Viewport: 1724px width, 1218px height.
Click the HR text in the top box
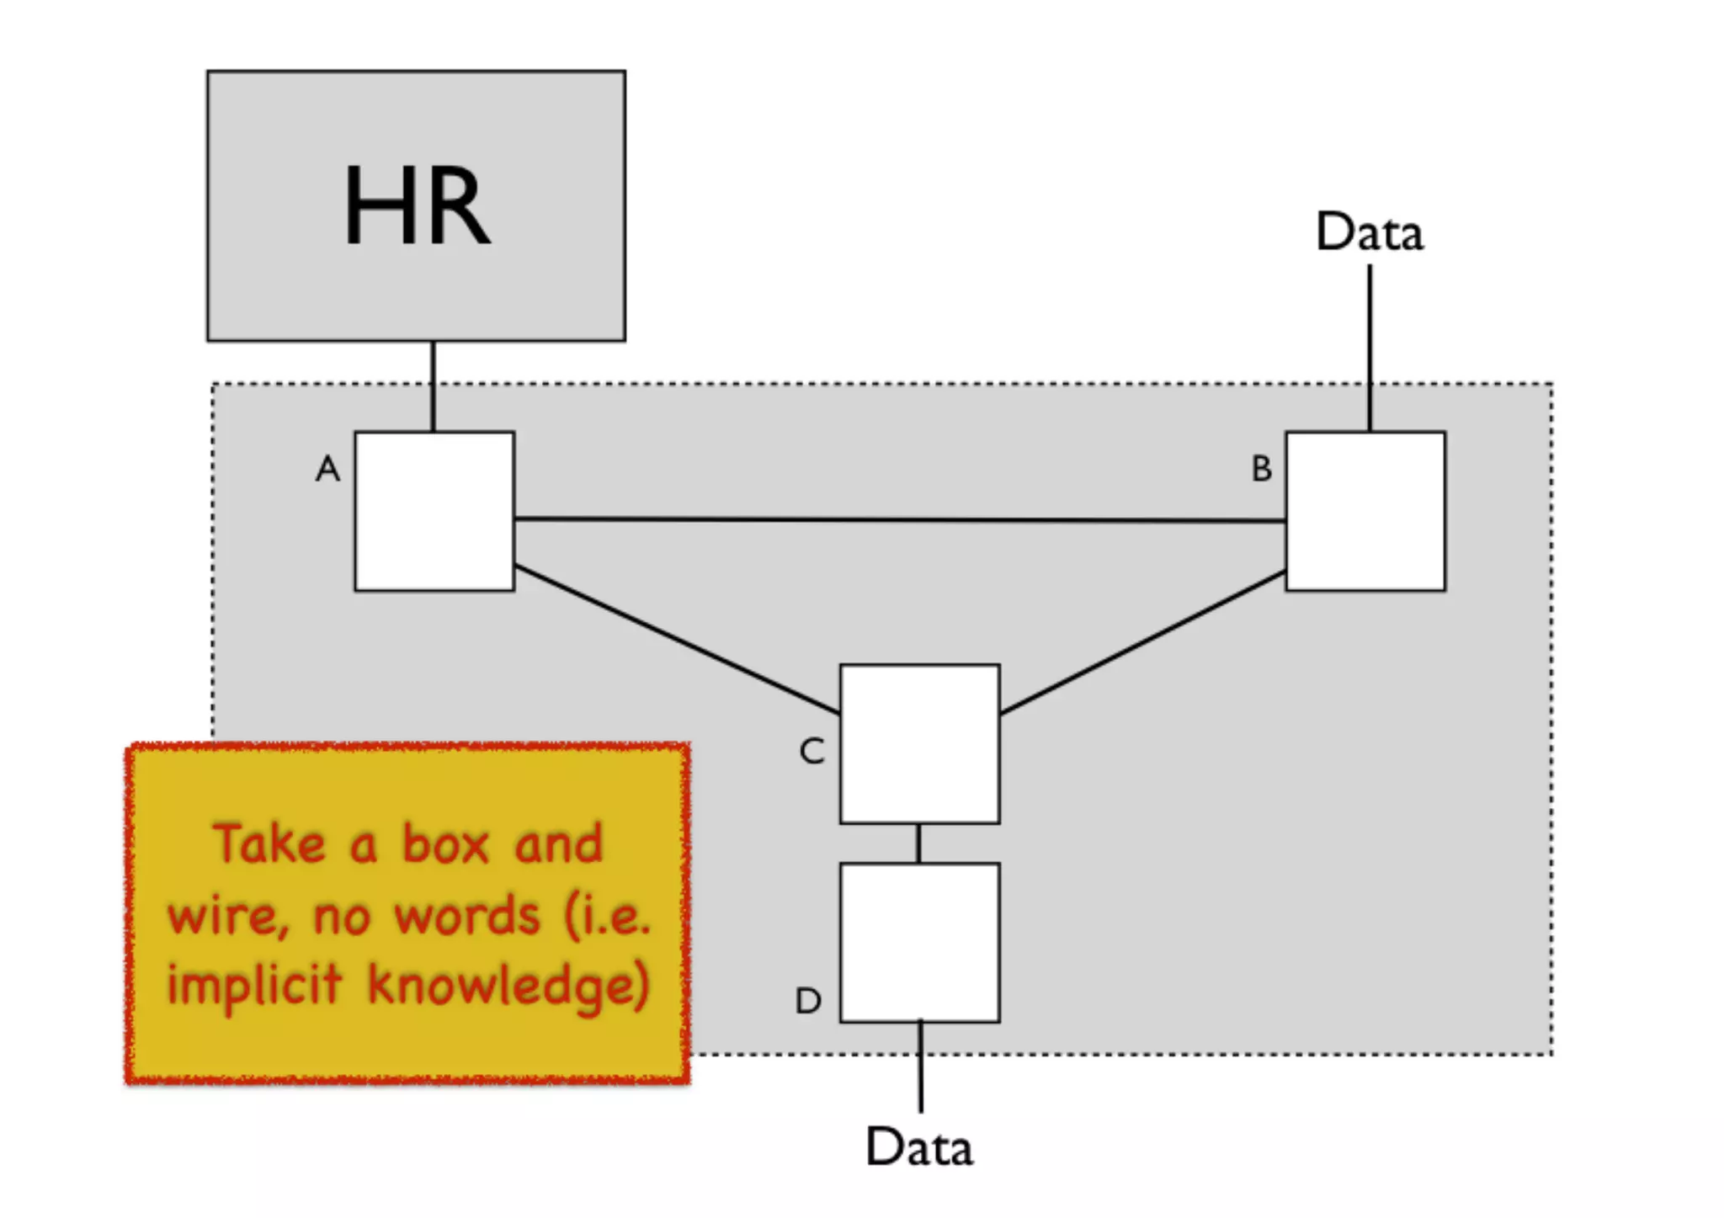pos(417,205)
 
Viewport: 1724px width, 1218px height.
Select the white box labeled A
pos(434,511)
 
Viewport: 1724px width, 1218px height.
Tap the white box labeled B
pos(1365,511)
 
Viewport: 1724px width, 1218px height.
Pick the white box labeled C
pos(919,743)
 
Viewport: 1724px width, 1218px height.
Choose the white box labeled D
pos(919,942)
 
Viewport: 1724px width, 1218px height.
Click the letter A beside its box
pos(327,469)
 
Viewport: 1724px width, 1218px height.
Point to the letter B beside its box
pos(1261,469)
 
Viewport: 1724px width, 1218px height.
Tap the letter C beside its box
pos(811,751)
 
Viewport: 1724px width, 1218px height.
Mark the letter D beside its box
pos(808,1001)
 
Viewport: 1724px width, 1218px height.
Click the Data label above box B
pos(1370,232)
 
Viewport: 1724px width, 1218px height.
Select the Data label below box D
pos(919,1147)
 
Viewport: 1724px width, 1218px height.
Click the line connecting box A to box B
pos(899,520)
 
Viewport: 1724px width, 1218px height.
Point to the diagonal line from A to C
pos(677,641)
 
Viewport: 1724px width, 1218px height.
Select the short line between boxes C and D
pos(918,843)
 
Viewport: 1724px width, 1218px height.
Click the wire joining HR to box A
pos(433,386)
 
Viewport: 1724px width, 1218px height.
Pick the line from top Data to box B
pos(1370,347)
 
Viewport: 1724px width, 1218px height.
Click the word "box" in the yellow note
pos(444,843)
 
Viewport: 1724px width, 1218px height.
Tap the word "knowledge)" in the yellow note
pos(508,985)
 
